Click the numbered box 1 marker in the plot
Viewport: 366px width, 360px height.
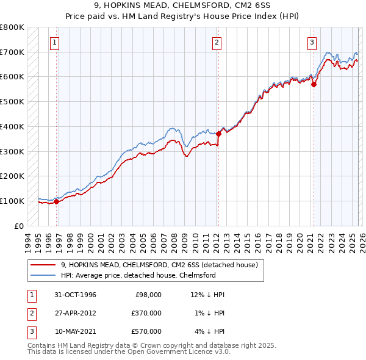click(x=55, y=42)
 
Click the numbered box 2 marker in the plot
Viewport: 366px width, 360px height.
click(x=217, y=42)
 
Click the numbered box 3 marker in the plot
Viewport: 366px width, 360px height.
click(x=312, y=42)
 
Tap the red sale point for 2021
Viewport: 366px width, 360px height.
click(x=314, y=85)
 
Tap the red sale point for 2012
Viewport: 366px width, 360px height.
click(x=218, y=134)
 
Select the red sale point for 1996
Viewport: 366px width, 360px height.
click(x=57, y=201)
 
